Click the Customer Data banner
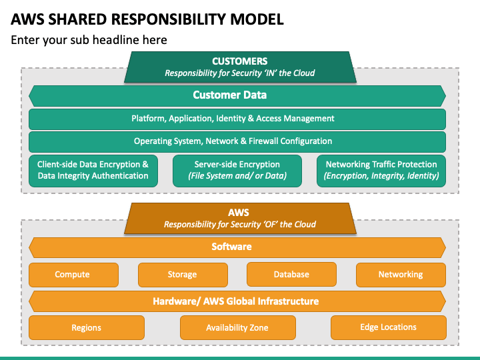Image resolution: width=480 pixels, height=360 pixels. tap(237, 96)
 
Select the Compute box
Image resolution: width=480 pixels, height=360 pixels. tap(73, 275)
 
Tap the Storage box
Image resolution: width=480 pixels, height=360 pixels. tap(183, 275)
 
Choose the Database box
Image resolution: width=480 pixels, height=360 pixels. tap(291, 274)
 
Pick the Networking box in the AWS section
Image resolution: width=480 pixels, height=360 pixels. tap(401, 275)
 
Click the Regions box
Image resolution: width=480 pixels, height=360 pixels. tap(87, 327)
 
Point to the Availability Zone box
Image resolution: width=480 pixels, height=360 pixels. tap(238, 327)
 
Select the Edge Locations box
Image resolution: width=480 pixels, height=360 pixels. tap(389, 327)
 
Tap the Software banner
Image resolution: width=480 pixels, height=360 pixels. tap(237, 247)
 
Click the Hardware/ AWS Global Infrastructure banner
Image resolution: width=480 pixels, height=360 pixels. tap(237, 301)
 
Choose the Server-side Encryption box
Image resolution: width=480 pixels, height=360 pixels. tap(237, 171)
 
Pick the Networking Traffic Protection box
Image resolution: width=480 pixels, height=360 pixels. tap(381, 171)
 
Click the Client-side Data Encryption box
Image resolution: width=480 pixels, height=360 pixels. tap(93, 171)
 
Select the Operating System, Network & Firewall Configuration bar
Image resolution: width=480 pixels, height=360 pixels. tap(237, 142)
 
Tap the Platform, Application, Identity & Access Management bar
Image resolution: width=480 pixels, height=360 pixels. tap(237, 119)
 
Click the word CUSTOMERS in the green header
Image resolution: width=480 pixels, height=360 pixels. tap(240, 61)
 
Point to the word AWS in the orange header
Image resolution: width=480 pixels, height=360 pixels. tap(239, 213)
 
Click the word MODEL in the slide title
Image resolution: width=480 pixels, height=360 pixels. tap(257, 19)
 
